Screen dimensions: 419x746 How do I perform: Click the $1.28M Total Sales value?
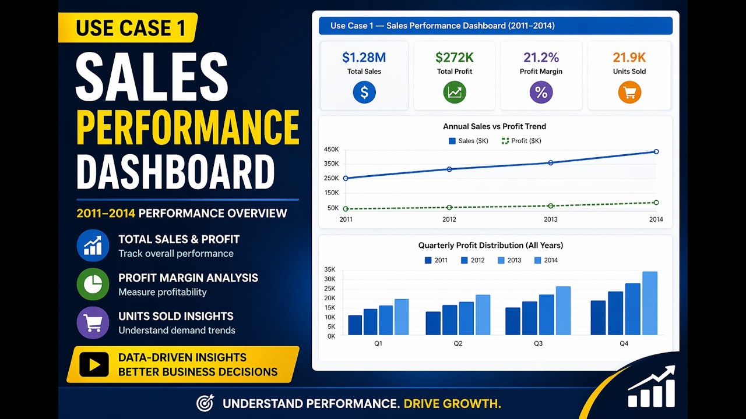[364, 57]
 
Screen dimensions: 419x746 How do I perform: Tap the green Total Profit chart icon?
[455, 92]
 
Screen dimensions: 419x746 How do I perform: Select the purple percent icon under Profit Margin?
[541, 92]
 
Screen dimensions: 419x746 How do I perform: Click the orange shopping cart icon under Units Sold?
[629, 92]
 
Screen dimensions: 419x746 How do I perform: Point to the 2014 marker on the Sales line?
[656, 152]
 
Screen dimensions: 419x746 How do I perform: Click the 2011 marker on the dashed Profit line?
[346, 209]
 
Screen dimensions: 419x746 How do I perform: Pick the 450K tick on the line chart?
[330, 150]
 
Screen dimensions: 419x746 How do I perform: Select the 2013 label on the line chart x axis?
[550, 219]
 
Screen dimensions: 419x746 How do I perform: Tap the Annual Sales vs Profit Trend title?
[494, 126]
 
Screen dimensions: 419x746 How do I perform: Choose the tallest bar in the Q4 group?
[650, 303]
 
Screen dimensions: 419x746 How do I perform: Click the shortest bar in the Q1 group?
[355, 325]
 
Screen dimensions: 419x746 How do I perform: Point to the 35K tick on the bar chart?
[330, 269]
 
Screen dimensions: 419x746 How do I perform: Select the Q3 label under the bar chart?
[538, 343]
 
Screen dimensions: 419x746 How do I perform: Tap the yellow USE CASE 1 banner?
[128, 27]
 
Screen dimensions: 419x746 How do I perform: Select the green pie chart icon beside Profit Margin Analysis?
[93, 284]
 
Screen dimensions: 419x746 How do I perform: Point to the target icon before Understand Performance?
[205, 403]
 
